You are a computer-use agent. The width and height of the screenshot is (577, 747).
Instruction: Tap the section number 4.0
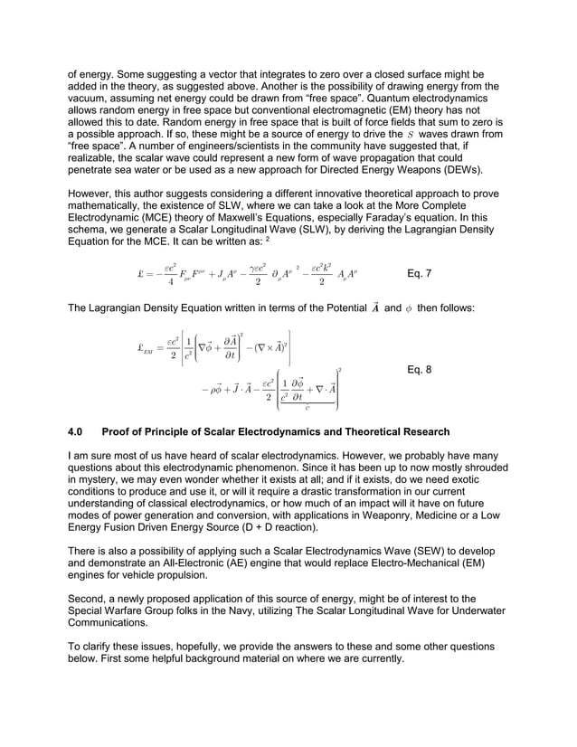pos(77,432)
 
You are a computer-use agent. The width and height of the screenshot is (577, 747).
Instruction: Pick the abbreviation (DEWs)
pos(481,170)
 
